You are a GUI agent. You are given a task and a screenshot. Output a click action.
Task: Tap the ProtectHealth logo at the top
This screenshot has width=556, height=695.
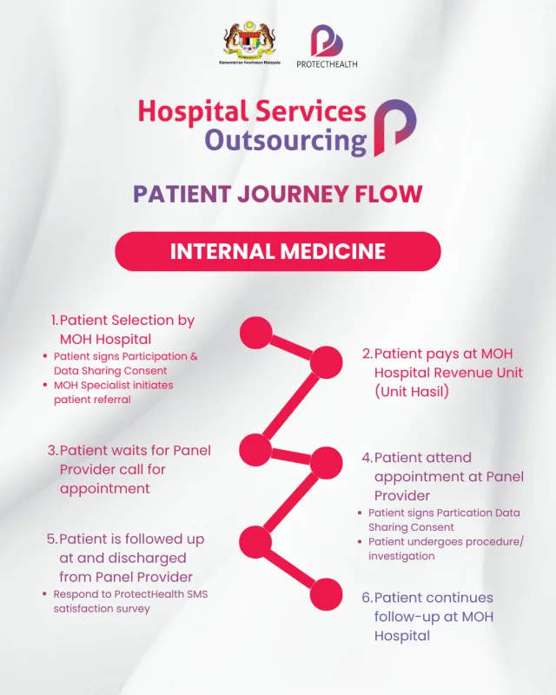(x=327, y=43)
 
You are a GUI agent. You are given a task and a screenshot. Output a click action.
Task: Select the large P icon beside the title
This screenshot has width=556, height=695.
(x=394, y=127)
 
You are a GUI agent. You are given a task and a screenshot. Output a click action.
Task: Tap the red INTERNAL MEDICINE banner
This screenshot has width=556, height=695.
(x=278, y=251)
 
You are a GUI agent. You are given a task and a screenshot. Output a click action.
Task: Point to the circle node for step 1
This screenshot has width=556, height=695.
(x=255, y=333)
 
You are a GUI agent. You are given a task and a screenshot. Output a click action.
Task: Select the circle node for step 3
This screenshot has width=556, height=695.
(x=255, y=448)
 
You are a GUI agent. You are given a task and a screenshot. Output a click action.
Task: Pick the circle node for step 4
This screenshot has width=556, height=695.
(x=327, y=461)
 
